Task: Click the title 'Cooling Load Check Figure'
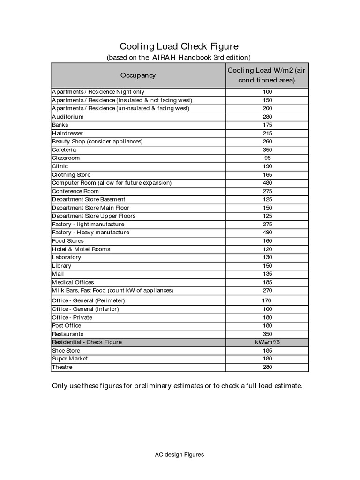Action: (179, 46)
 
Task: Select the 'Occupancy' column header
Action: (138, 75)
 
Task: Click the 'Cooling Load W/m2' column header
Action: (268, 75)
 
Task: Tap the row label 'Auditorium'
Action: (68, 117)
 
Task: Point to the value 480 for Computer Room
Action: (268, 183)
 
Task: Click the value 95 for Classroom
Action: (268, 158)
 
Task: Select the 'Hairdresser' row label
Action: (67, 133)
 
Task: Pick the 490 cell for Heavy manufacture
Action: (268, 232)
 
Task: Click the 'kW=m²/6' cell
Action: (268, 342)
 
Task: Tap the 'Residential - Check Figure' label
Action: (87, 342)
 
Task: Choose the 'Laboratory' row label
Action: (67, 257)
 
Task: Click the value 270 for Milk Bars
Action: (268, 291)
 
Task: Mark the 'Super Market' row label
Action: (70, 359)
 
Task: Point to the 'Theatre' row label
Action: (62, 367)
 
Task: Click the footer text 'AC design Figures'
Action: (180, 454)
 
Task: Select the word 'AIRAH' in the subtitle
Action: (164, 58)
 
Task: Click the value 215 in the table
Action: (268, 133)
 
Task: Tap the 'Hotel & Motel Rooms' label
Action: (81, 249)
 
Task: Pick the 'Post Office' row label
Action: (67, 325)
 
